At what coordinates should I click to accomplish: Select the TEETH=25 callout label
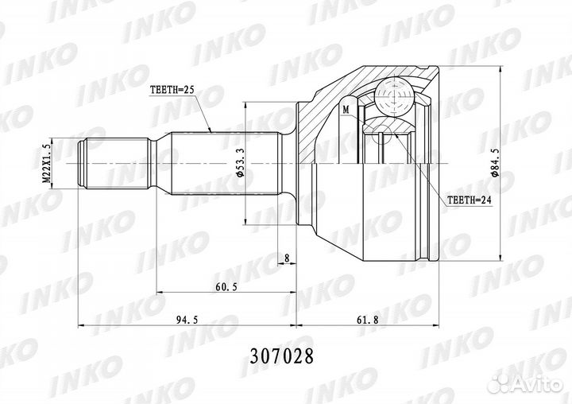click(173, 91)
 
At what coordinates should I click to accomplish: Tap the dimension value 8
click(286, 258)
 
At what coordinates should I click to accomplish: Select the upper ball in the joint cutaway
click(394, 96)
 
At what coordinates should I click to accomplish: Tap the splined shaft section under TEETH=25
click(222, 163)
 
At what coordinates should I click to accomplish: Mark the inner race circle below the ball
click(385, 132)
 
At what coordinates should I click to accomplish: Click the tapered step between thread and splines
click(159, 163)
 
